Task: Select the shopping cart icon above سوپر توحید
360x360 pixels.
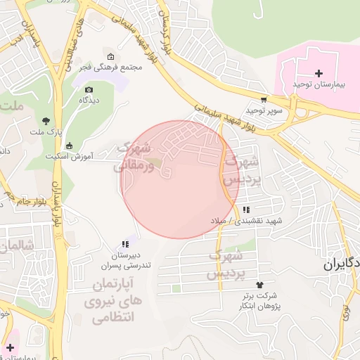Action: pos(264,100)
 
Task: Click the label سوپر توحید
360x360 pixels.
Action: pos(264,111)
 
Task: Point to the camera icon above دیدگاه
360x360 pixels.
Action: pos(89,89)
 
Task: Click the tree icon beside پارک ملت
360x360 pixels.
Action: pos(46,120)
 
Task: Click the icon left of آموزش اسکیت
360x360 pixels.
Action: pos(68,146)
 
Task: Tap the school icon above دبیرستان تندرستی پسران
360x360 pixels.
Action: pos(125,244)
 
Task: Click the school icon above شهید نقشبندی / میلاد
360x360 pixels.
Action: pos(245,210)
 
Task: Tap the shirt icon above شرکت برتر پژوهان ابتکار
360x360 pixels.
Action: pos(260,284)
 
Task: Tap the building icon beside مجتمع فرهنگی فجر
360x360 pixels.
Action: pos(110,57)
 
